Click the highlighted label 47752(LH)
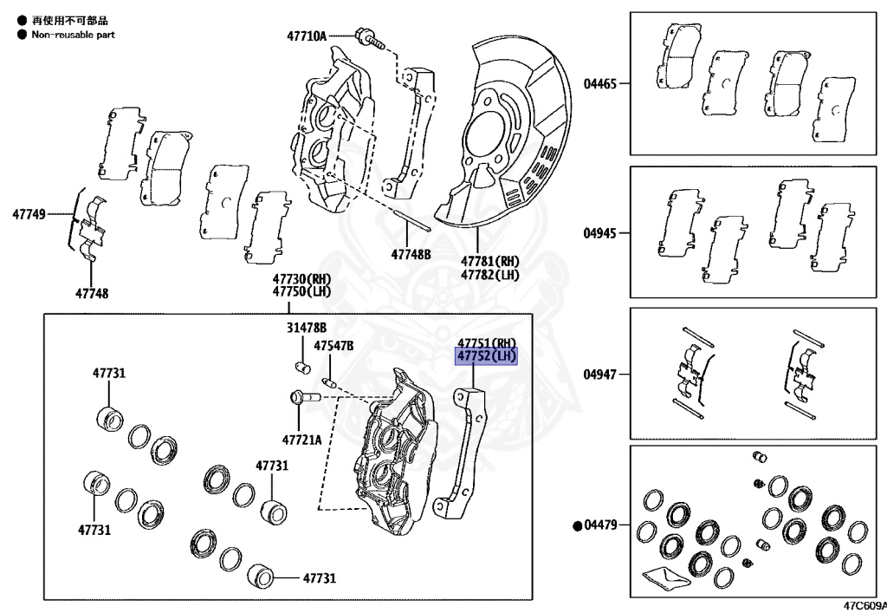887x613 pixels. [x=486, y=356]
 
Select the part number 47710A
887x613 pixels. [x=307, y=36]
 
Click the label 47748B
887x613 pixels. [x=410, y=254]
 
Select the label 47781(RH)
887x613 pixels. [x=489, y=261]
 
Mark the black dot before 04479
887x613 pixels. [x=577, y=525]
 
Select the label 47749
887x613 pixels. [x=29, y=212]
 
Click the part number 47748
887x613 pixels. [x=92, y=294]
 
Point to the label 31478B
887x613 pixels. [x=307, y=328]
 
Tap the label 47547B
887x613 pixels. [x=333, y=345]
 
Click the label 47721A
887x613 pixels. [x=301, y=440]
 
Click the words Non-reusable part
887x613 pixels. [x=73, y=35]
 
